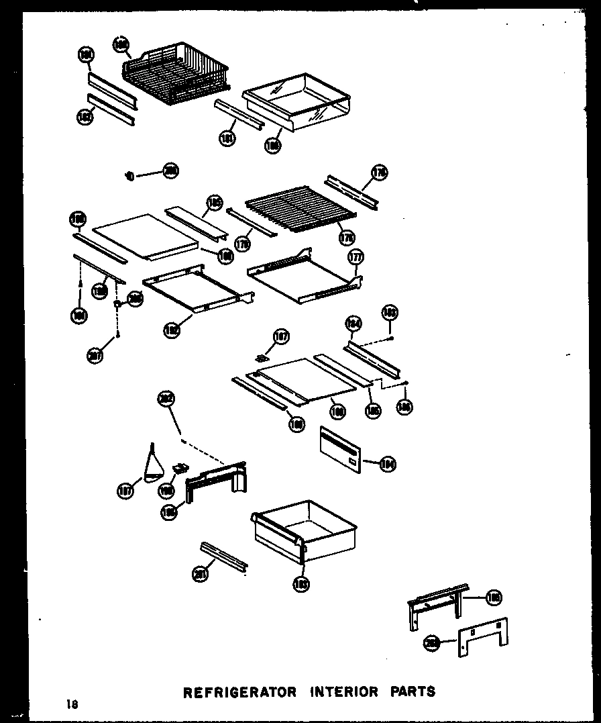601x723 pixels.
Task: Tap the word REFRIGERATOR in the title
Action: point(239,691)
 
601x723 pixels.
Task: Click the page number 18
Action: point(72,704)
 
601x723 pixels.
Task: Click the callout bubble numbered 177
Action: point(356,257)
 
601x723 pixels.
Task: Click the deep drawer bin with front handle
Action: point(303,530)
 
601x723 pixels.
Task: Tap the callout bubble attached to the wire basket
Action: point(121,45)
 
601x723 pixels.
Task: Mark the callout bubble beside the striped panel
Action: point(387,463)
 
